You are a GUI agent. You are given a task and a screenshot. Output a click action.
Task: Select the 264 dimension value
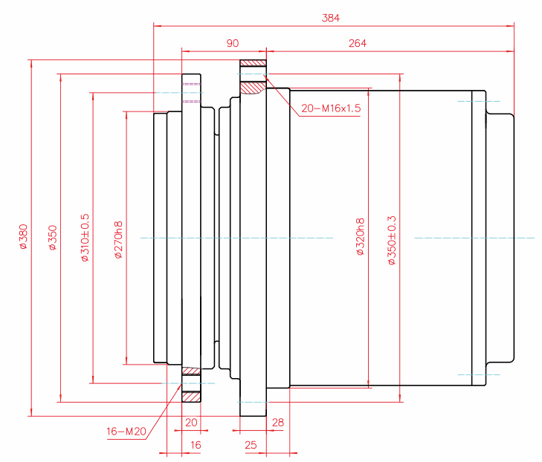(x=357, y=44)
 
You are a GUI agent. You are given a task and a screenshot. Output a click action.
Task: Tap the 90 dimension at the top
(x=232, y=44)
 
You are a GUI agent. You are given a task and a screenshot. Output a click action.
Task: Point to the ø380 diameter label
(x=22, y=236)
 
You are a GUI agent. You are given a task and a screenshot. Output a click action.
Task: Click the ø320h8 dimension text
(x=360, y=236)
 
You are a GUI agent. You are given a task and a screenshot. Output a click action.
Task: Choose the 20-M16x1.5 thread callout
(x=331, y=108)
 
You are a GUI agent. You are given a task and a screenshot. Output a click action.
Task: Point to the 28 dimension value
(x=278, y=422)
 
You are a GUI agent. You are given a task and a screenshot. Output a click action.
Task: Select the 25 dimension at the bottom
(x=250, y=445)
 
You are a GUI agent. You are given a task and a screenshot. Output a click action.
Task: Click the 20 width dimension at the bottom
(x=192, y=422)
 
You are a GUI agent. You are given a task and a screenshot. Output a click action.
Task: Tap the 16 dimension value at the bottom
(x=196, y=445)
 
